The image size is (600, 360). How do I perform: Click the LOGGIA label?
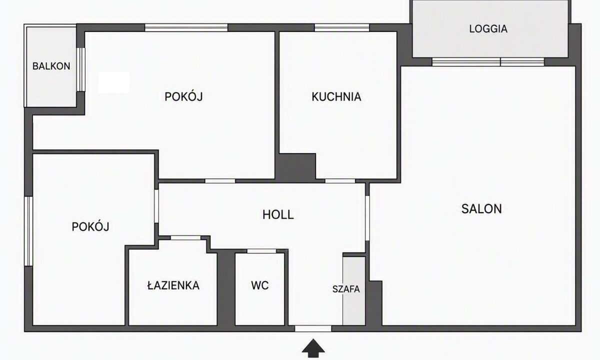[x=488, y=28]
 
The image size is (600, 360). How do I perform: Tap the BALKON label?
[x=51, y=66]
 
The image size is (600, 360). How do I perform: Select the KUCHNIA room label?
[x=336, y=96]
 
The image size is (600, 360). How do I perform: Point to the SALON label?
[x=481, y=209]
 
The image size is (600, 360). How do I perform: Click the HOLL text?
[x=278, y=215]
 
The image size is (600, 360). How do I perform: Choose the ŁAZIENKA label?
[x=173, y=285]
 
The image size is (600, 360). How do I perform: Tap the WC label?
[x=260, y=285]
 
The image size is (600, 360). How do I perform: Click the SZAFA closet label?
[x=346, y=289]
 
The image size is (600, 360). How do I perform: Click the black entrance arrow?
[x=313, y=348]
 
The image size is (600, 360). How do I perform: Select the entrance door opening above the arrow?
[x=313, y=328]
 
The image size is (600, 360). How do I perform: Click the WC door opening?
[x=261, y=251]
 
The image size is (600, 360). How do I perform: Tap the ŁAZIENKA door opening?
[x=185, y=237]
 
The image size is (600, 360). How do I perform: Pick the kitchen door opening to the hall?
[x=340, y=181]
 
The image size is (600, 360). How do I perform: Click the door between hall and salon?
[x=367, y=218]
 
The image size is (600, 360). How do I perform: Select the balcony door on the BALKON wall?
[x=81, y=69]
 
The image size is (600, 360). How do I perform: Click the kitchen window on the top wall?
[x=342, y=27]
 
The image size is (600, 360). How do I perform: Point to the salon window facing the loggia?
[x=488, y=62]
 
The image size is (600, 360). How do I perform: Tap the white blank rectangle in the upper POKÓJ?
[x=114, y=82]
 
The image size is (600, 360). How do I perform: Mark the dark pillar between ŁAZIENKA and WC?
[x=226, y=287]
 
